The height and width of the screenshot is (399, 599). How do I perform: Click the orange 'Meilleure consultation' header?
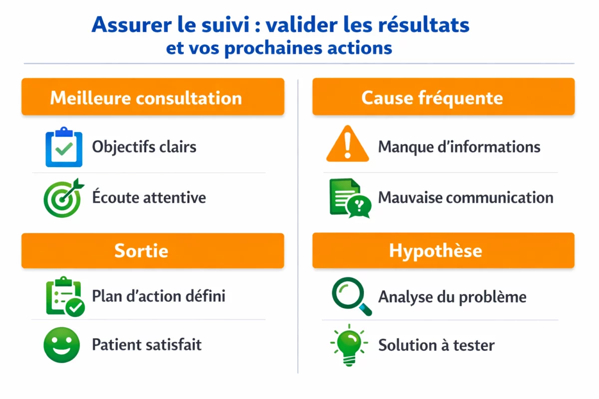point(152,97)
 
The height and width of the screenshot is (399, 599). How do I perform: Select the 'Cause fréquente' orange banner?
point(443,97)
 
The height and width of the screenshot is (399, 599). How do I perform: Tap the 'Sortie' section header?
point(152,250)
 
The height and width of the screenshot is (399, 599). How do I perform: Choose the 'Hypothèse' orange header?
point(443,250)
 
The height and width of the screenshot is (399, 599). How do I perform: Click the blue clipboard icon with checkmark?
point(63,147)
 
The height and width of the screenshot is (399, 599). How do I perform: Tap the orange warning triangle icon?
point(347,144)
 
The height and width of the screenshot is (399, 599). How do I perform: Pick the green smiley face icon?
point(62,345)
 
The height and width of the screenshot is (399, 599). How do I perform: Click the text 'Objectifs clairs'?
point(144,147)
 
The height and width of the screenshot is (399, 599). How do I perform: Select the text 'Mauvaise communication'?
point(465,198)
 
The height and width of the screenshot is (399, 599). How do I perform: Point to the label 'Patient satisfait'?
point(146,345)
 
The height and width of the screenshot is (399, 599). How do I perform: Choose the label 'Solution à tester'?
point(436,345)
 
